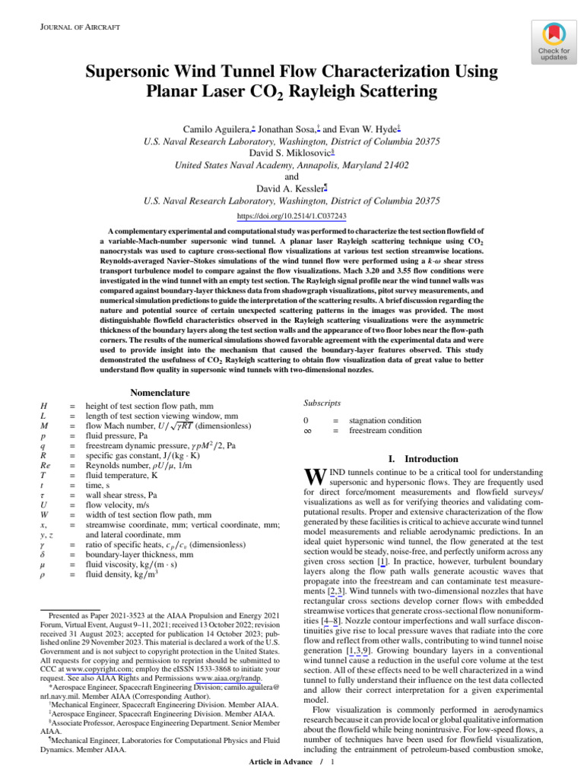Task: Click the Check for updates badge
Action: coord(554,41)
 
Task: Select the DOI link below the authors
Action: coord(291,216)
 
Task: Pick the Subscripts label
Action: coord(322,403)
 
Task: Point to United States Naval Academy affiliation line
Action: coord(292,164)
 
